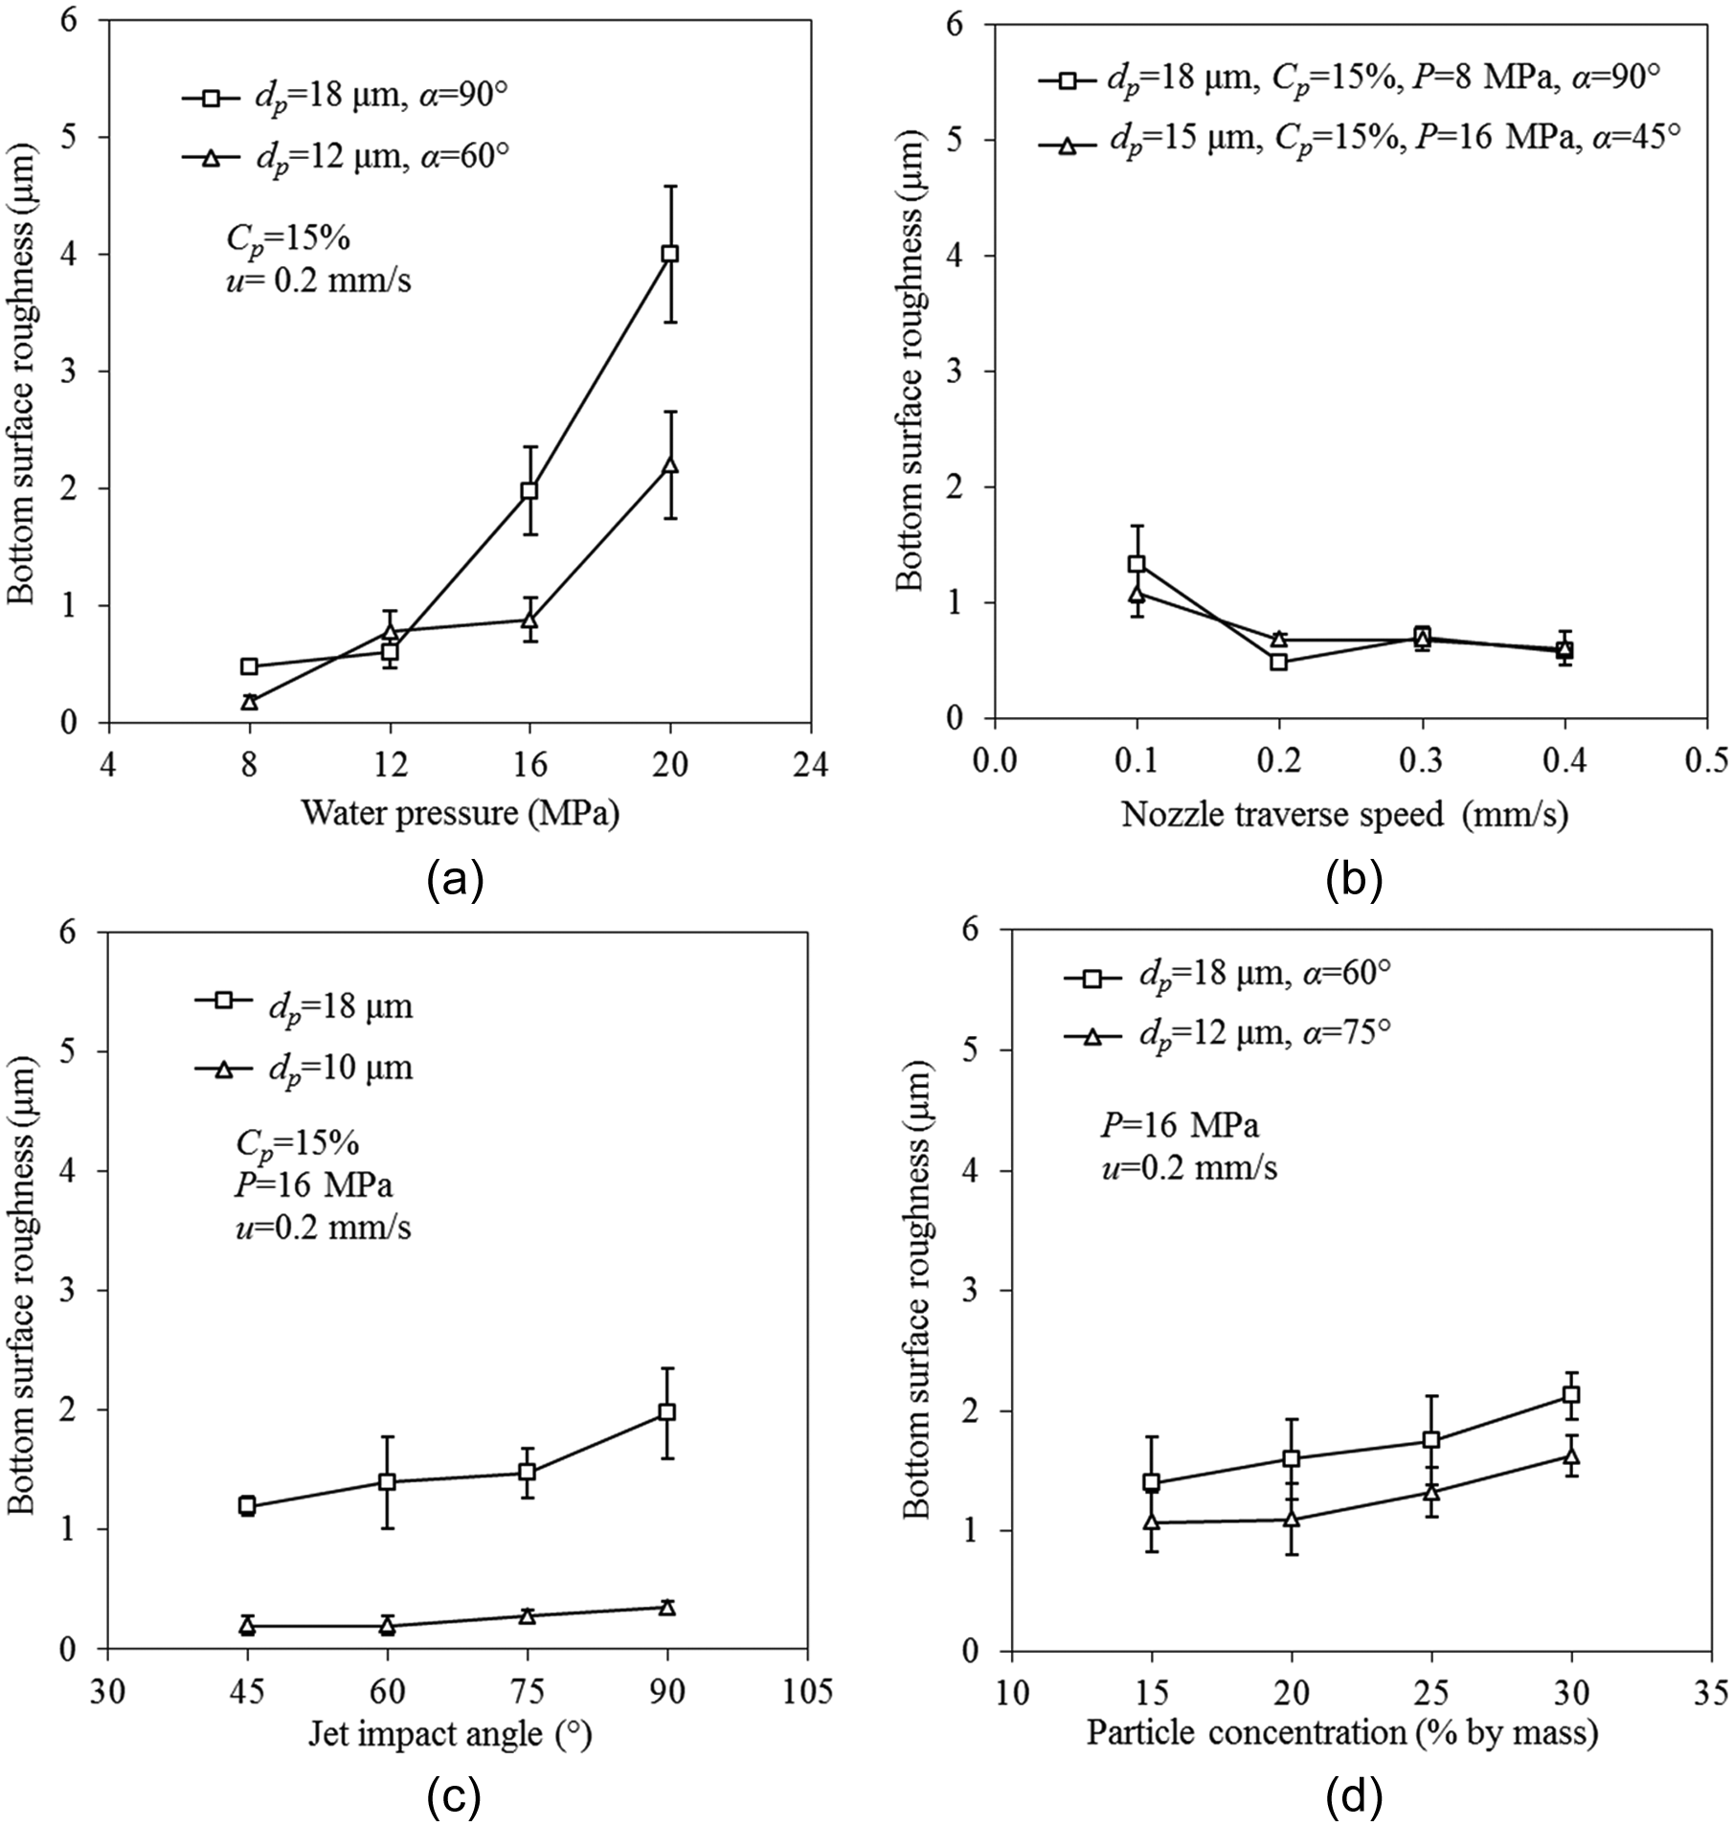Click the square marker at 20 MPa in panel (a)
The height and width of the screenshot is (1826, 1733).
click(670, 254)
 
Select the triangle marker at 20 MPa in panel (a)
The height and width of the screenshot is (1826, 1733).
click(670, 464)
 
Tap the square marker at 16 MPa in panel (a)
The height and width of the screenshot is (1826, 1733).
click(529, 490)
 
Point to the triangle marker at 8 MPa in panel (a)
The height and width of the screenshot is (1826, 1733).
click(249, 701)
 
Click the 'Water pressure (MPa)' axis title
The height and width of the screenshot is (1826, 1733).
click(461, 812)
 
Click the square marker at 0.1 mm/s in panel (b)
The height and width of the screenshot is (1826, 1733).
click(1137, 564)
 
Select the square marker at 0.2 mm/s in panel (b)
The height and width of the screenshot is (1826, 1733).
click(1278, 662)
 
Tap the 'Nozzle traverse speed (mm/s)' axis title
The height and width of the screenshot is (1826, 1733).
click(1344, 814)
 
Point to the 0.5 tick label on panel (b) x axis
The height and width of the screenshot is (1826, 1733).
click(1707, 761)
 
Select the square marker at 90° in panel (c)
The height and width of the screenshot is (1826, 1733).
click(667, 1411)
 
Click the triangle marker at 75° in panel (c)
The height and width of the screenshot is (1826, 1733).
click(527, 1615)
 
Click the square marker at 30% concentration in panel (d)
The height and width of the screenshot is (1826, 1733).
click(1571, 1395)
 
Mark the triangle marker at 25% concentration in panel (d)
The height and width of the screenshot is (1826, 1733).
click(1431, 1491)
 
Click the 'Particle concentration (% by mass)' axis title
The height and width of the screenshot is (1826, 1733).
click(1342, 1732)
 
